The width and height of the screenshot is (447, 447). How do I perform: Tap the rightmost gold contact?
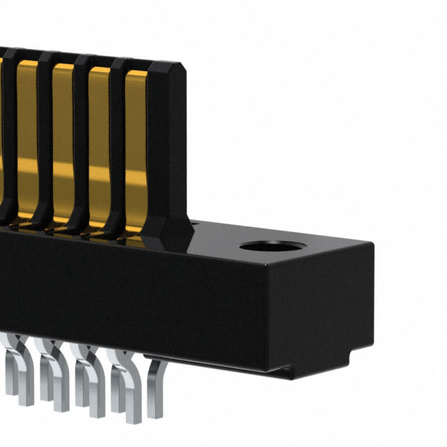[135, 140]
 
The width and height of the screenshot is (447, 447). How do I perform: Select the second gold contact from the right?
[99, 140]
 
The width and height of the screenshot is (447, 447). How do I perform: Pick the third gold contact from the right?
[63, 140]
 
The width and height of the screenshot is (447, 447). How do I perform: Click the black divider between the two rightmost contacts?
[117, 140]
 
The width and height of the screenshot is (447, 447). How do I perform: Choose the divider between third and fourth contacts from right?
[45, 140]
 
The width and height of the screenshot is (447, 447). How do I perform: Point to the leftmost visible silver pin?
[10, 377]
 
